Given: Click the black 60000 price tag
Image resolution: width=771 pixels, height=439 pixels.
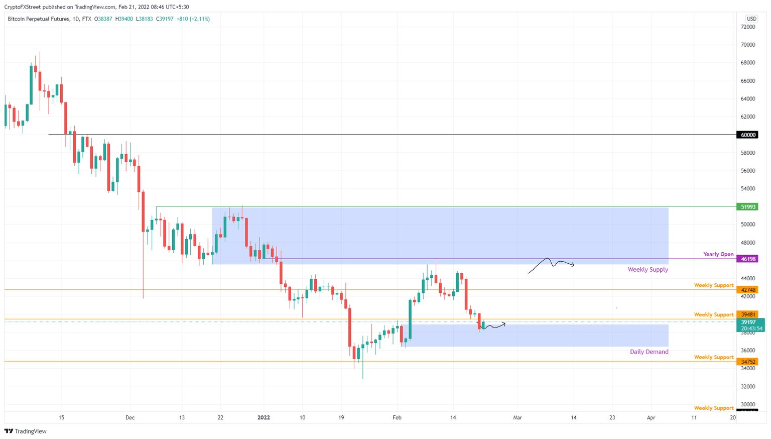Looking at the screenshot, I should [748, 135].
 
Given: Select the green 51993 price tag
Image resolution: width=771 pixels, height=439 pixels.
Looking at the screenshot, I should [748, 207].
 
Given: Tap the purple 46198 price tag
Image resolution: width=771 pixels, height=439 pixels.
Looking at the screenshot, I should [748, 259].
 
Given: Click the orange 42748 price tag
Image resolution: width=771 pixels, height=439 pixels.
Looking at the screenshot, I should [748, 290].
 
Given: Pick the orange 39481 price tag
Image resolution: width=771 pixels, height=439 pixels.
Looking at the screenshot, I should [748, 314].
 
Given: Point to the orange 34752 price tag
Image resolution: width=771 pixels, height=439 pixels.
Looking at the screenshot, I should [748, 362].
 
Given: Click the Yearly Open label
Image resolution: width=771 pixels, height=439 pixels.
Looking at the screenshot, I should [718, 254].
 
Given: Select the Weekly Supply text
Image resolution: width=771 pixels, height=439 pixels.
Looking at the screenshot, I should [648, 270].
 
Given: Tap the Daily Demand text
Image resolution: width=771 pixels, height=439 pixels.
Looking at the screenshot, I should [649, 352].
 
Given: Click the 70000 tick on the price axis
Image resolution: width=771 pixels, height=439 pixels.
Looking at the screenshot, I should [748, 45].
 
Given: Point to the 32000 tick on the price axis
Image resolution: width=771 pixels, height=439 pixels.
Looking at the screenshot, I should [748, 387].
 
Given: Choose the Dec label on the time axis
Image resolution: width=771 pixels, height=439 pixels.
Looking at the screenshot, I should [130, 417].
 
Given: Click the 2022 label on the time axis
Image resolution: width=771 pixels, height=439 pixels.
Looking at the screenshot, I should [264, 417].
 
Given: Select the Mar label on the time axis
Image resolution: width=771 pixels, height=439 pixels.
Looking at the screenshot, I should [517, 417].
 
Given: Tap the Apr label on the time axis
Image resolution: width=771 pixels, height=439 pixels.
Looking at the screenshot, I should [651, 417].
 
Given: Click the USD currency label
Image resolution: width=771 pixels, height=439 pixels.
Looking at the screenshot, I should [751, 19].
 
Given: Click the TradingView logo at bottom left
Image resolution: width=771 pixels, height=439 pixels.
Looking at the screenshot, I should [26, 431].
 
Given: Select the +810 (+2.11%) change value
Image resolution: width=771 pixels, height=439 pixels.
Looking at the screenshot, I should [193, 19].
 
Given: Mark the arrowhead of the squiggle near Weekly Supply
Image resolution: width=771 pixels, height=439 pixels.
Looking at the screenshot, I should [573, 265].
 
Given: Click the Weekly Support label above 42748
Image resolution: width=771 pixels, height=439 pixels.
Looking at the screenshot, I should [713, 285].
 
